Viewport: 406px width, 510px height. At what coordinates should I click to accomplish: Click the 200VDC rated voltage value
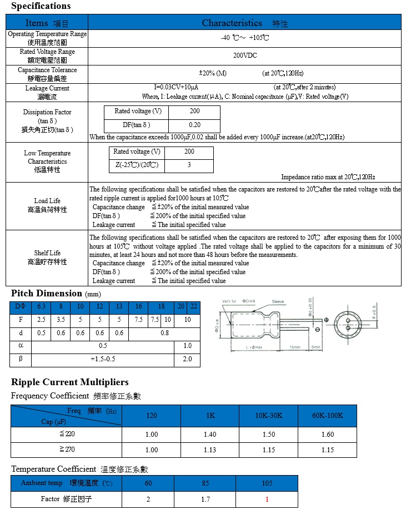tap(244, 55)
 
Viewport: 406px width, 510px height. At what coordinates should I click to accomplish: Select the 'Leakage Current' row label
tap(47, 88)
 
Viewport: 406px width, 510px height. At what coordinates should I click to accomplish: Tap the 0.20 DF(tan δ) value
tap(194, 125)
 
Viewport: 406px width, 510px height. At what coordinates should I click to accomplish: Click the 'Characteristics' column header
tap(232, 23)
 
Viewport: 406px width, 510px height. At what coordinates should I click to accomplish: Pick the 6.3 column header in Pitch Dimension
tap(41, 306)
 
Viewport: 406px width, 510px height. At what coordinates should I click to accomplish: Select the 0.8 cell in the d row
tap(164, 333)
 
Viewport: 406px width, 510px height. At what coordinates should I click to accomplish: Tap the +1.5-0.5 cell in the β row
tap(103, 359)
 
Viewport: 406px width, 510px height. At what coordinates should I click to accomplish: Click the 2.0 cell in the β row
tap(187, 359)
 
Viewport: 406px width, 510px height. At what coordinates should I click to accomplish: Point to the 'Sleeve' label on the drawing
tap(278, 301)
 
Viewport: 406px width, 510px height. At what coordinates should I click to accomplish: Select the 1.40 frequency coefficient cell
tap(209, 435)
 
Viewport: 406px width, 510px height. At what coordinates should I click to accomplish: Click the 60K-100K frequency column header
tap(327, 416)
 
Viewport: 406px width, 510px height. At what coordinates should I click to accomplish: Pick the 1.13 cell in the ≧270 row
tap(209, 450)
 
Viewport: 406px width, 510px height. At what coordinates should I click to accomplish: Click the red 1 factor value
tap(267, 499)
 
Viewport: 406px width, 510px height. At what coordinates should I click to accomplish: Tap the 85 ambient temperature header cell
tap(205, 483)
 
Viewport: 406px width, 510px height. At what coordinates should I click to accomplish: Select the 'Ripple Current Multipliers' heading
tap(70, 382)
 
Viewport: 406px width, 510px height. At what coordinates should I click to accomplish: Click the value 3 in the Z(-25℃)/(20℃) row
tap(189, 165)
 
